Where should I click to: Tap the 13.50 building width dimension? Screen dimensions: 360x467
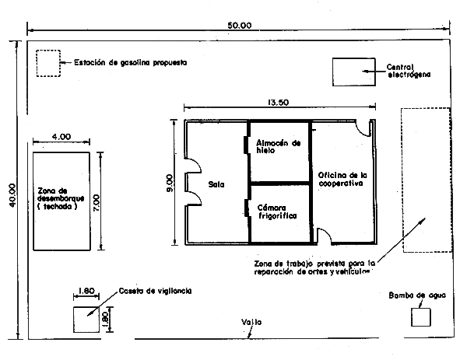pyautogui.click(x=279, y=102)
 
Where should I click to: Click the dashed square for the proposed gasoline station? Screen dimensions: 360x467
pyautogui.click(x=48, y=63)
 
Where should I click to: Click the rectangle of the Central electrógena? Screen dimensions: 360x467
pyautogui.click(x=355, y=72)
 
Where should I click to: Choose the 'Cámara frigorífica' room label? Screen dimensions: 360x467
pyautogui.click(x=278, y=211)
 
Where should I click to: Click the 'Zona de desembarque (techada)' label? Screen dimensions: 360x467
pyautogui.click(x=59, y=200)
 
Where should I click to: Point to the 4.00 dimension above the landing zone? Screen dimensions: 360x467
pyautogui.click(x=61, y=136)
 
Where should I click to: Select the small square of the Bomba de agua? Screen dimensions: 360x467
pyautogui.click(x=420, y=316)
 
